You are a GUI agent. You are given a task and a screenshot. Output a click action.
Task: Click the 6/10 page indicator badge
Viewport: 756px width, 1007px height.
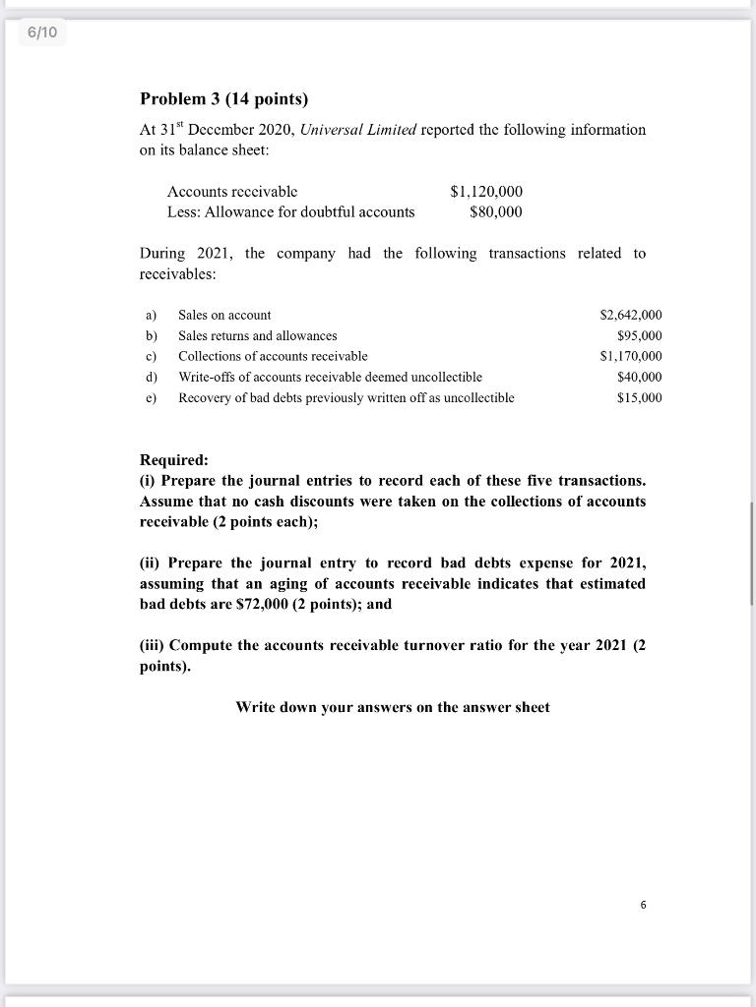(42, 33)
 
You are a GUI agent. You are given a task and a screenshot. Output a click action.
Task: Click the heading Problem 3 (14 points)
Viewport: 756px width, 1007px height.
(223, 98)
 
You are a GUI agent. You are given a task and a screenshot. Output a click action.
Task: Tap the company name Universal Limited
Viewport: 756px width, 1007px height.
(358, 130)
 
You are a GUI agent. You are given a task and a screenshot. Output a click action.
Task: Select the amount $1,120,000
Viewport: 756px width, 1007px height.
(485, 192)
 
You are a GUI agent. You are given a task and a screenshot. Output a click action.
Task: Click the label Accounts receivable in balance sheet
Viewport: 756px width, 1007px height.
(232, 192)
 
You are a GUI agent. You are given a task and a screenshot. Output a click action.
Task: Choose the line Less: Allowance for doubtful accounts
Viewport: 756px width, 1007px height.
(290, 212)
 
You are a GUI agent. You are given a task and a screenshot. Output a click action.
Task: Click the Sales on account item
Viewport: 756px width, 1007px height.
(224, 315)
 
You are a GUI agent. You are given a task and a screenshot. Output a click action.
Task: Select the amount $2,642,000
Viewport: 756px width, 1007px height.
(630, 315)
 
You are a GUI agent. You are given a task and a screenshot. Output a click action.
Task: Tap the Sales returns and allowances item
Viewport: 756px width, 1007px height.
(257, 335)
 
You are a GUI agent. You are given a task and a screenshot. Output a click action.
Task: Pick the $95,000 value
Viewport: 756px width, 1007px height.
(639, 335)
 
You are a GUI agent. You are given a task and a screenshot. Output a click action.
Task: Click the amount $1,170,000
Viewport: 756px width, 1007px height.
(630, 356)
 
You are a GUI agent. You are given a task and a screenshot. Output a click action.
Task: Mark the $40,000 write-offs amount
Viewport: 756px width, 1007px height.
(639, 377)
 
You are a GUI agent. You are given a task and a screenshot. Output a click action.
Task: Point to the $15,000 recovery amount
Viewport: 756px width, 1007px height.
(639, 397)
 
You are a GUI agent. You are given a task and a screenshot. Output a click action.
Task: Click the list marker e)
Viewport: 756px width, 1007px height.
(152, 397)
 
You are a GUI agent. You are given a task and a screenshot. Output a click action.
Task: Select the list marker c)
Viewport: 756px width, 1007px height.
(152, 356)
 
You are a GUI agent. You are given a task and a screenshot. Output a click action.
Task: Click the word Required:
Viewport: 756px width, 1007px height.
(174, 460)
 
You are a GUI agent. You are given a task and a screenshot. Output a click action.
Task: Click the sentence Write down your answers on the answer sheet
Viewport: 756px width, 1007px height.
(393, 707)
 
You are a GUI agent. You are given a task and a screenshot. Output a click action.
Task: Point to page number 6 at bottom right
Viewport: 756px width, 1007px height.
(643, 905)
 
